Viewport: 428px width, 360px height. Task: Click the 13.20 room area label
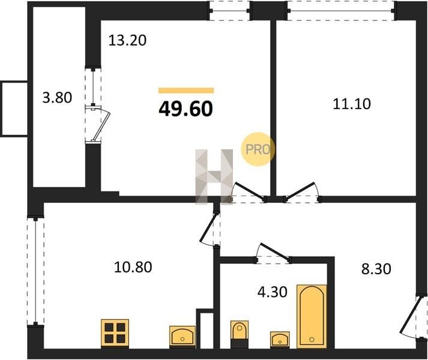[x=127, y=40]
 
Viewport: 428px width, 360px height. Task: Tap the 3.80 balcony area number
[x=57, y=97]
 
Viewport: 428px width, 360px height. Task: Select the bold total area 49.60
[x=185, y=109]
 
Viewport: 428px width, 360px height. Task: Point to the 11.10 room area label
[x=352, y=104]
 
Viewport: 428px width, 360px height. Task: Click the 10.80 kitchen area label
[x=133, y=267]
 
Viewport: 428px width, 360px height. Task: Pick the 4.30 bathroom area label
[x=273, y=292]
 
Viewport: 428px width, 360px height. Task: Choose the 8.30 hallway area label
[x=376, y=269]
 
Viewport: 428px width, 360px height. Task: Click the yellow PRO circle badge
[x=258, y=149]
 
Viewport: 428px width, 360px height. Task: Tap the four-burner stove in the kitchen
[x=115, y=333]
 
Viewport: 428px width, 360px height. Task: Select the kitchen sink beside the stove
[x=182, y=337]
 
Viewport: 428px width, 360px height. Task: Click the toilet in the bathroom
[x=240, y=334]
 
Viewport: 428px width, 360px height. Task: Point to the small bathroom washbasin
[x=280, y=340]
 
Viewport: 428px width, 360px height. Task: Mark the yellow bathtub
[x=312, y=316]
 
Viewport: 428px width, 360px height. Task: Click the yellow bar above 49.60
[x=186, y=91]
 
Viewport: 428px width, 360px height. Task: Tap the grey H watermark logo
[x=214, y=177]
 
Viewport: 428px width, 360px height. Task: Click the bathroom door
[x=273, y=253]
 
